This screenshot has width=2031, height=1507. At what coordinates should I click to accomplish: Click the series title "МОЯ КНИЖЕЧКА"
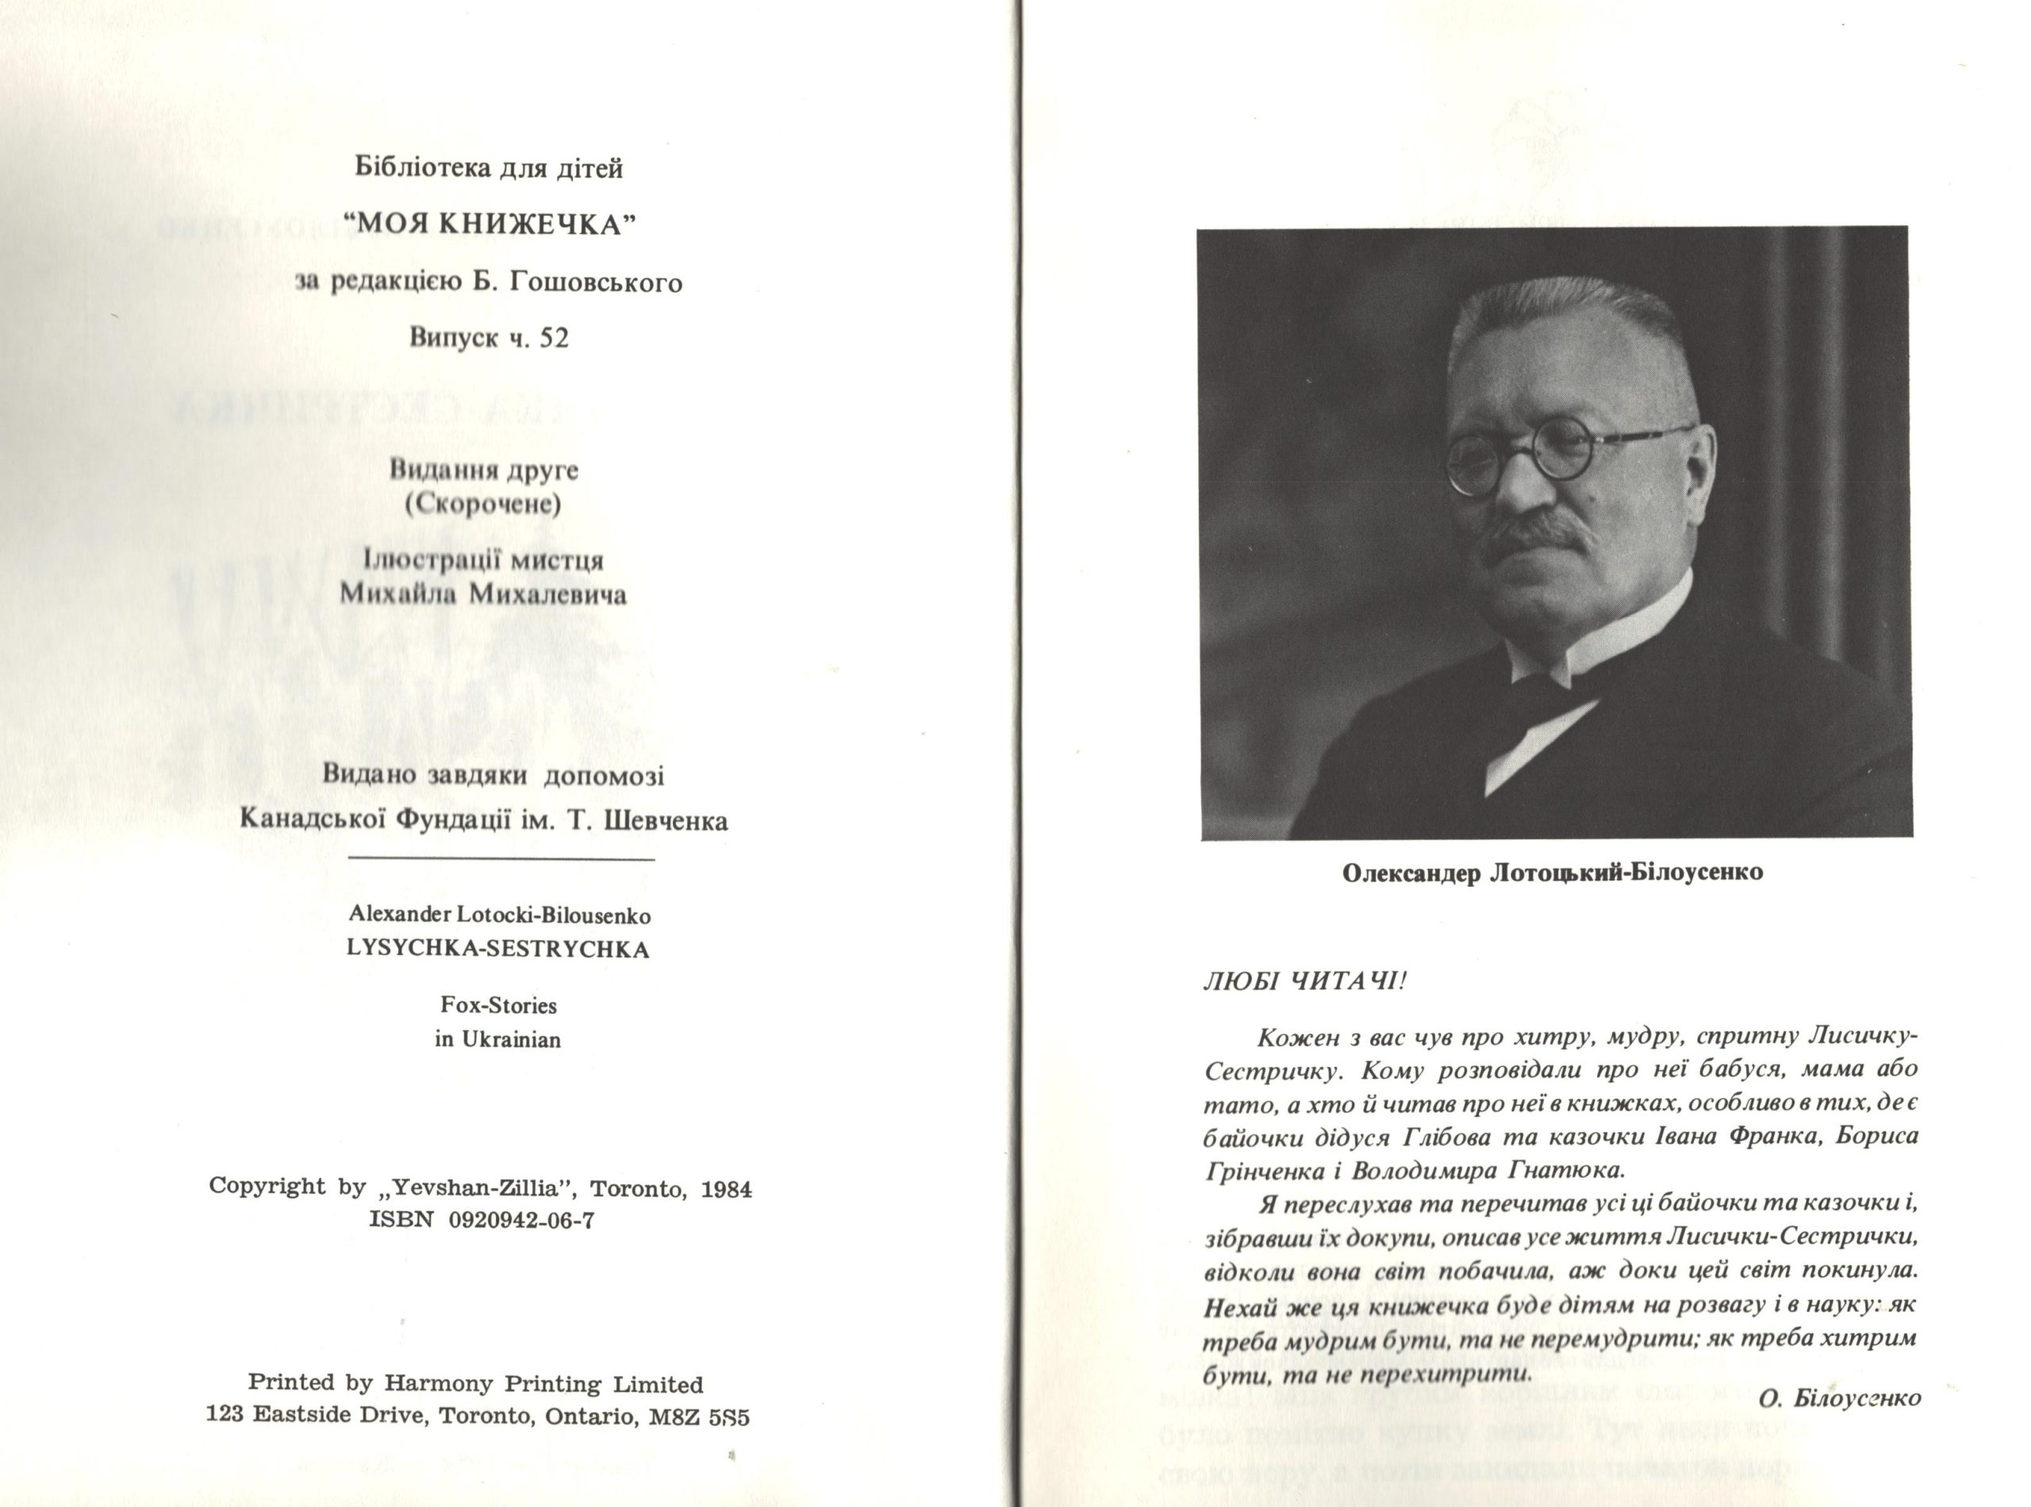pyautogui.click(x=488, y=224)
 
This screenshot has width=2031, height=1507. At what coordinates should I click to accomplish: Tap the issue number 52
pyautogui.click(x=554, y=339)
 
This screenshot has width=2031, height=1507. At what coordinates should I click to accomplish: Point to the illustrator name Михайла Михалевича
pyautogui.click(x=482, y=595)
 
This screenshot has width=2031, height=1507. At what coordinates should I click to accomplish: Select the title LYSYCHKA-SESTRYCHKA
pyautogui.click(x=498, y=949)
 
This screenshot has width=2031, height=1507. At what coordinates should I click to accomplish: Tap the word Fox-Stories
pyautogui.click(x=498, y=1005)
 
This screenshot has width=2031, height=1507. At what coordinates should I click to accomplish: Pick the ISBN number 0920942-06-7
pyautogui.click(x=522, y=1221)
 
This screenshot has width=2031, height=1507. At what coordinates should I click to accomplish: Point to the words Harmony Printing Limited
pyautogui.click(x=543, y=1384)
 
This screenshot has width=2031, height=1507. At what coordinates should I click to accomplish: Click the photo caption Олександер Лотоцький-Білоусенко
pyautogui.click(x=1552, y=873)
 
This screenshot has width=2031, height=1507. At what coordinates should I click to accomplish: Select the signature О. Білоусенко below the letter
pyautogui.click(x=1837, y=1398)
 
